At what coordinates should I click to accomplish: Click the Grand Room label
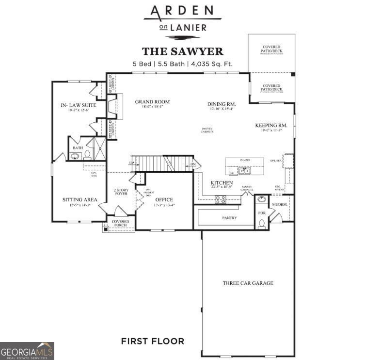(x=152, y=102)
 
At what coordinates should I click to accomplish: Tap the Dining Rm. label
(x=222, y=104)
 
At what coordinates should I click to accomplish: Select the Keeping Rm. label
(x=271, y=125)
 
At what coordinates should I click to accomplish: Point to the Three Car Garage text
(x=248, y=283)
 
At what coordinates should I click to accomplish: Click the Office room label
(x=164, y=200)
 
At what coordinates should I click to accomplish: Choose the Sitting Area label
(x=80, y=199)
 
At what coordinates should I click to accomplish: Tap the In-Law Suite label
(x=78, y=105)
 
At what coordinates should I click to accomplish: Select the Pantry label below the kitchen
(x=229, y=218)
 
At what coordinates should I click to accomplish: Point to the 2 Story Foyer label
(x=120, y=192)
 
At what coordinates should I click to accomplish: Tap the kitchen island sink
(x=245, y=171)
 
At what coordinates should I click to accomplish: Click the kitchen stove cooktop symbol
(x=220, y=198)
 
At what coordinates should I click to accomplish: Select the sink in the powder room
(x=262, y=199)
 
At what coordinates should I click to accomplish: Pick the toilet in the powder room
(x=262, y=223)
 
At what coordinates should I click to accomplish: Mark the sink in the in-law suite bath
(x=75, y=156)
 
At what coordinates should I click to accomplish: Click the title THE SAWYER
(x=182, y=51)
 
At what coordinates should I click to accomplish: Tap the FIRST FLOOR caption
(x=152, y=341)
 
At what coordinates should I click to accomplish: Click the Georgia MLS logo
(x=27, y=350)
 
